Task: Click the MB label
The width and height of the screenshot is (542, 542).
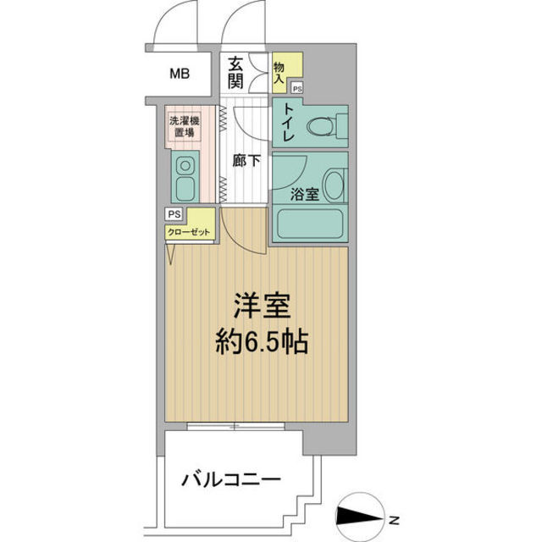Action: pos(179,74)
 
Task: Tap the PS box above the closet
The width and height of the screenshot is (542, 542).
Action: pos(174,214)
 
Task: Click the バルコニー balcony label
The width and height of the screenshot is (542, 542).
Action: pos(230,482)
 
